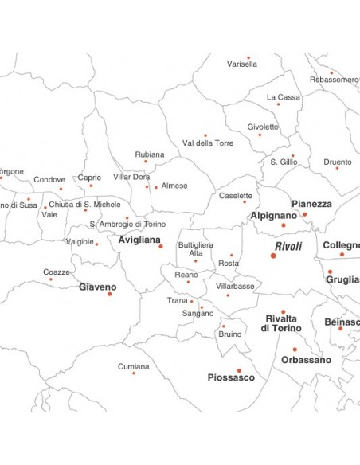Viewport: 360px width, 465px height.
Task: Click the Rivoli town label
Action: click(288, 246)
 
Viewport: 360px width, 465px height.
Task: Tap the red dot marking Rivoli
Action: click(273, 256)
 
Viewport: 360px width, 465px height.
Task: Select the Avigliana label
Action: click(139, 239)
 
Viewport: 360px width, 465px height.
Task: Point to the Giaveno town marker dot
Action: click(109, 294)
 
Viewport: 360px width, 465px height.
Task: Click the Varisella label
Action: click(242, 64)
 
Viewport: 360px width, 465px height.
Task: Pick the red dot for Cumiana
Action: click(133, 373)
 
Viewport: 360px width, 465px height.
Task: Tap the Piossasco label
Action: click(231, 377)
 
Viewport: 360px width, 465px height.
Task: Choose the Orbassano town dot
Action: click(294, 349)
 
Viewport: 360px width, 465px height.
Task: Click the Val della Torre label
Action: click(208, 143)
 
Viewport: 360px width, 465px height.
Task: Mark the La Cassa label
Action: click(284, 97)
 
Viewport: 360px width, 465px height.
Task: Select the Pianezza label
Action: click(311, 204)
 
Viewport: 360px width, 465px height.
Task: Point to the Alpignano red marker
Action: click(283, 225)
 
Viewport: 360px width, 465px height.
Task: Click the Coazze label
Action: click(57, 272)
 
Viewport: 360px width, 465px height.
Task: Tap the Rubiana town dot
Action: click(145, 162)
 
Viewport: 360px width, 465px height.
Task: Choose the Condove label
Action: click(49, 179)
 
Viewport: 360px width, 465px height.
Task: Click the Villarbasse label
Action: click(235, 285)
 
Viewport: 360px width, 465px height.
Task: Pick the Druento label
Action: click(338, 162)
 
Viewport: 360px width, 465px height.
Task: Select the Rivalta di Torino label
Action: click(281, 323)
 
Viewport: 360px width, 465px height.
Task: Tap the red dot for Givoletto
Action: click(259, 135)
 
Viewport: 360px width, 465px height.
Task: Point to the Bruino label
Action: click(230, 334)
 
